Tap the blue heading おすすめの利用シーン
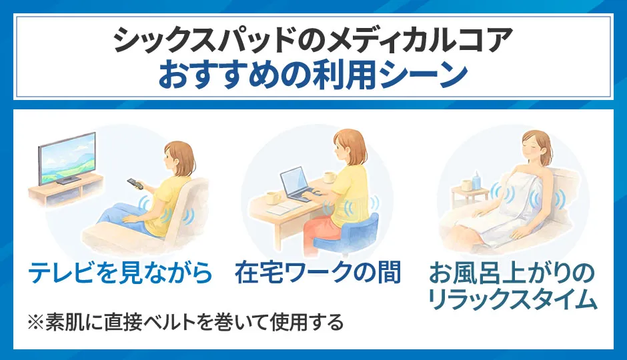point(313,75)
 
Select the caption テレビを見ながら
point(121,272)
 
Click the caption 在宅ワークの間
point(318,272)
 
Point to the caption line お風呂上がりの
point(511,273)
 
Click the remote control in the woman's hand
point(135,182)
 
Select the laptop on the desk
point(297,185)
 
